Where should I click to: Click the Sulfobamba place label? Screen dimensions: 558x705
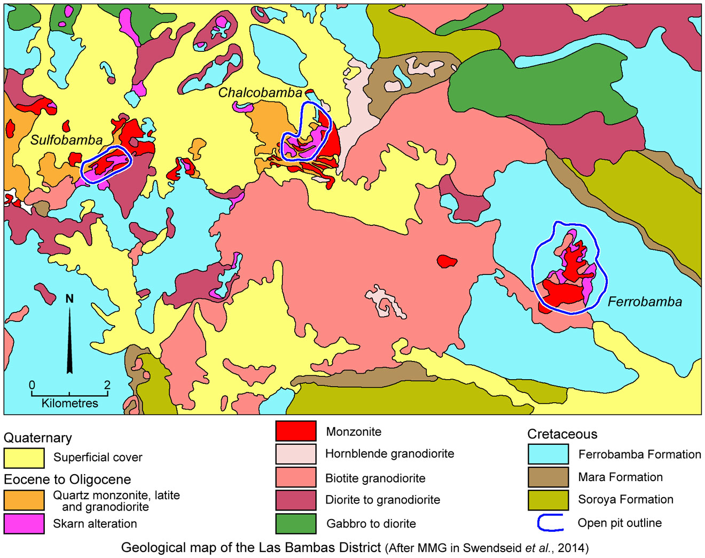[66, 140]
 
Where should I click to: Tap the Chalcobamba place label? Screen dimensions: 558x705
[260, 92]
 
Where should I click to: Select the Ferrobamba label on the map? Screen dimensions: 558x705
[645, 302]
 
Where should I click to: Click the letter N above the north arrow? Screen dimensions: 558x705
[69, 298]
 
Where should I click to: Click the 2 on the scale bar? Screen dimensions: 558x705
[107, 385]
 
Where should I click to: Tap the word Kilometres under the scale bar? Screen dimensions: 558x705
[69, 403]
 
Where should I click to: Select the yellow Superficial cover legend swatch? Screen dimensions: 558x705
[24, 458]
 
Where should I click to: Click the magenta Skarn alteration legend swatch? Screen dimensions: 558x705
[24, 523]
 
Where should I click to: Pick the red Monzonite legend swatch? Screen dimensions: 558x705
[295, 431]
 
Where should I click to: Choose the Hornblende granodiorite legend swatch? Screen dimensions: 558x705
[295, 454]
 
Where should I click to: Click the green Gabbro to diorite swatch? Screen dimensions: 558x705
[295, 523]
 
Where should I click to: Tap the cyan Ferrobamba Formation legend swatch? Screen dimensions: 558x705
[548, 454]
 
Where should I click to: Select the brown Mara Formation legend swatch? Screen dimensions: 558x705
[548, 477]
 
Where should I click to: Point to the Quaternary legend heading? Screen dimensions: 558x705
[38, 438]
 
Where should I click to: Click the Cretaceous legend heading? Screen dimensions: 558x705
[562, 434]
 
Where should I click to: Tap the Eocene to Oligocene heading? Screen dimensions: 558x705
[67, 479]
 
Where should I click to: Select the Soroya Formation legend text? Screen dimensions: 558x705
[625, 499]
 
